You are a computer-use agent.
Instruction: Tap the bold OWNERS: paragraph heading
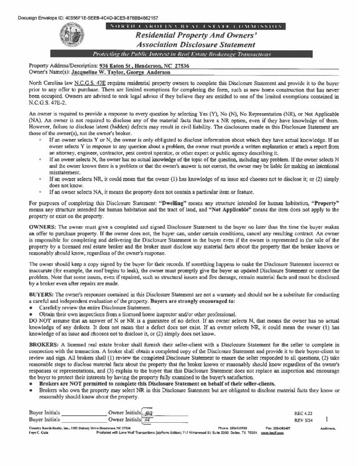point(42,226)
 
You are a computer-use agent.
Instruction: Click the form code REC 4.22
point(303,413)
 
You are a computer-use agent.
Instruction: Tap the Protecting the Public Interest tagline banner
point(182,54)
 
